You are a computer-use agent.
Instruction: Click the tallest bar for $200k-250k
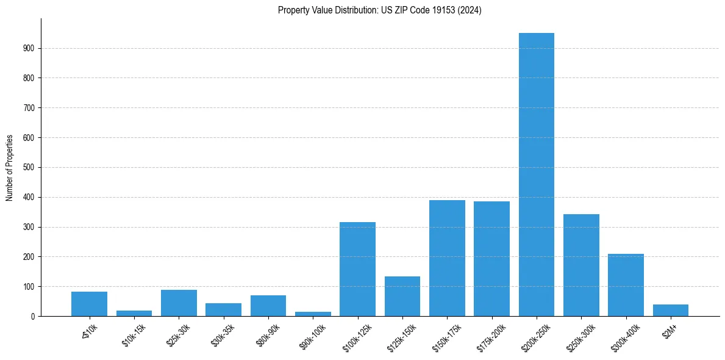click(x=536, y=175)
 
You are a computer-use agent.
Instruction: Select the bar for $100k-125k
click(x=357, y=269)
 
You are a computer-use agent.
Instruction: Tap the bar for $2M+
click(x=670, y=310)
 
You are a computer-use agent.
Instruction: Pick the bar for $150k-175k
click(x=447, y=258)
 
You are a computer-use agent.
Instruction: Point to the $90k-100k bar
click(x=313, y=314)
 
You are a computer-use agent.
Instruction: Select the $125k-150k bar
click(x=402, y=297)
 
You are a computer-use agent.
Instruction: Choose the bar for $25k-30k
click(x=179, y=303)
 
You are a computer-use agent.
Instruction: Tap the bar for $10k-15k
click(x=134, y=313)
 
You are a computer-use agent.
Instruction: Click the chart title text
click(x=379, y=10)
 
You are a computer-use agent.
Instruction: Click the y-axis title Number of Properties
click(x=10, y=167)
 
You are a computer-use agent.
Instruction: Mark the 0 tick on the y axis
click(x=32, y=316)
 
